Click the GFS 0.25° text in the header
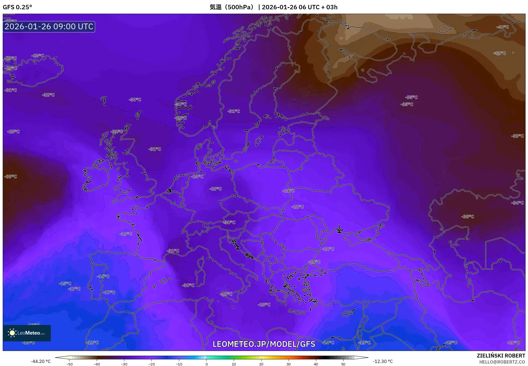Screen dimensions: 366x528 [x=17, y=7]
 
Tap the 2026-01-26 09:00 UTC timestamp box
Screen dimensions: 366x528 [x=49, y=27]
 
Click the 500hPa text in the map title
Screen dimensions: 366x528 [x=240, y=7]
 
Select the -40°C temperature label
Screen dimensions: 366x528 [x=502, y=27]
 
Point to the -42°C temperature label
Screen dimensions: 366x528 [x=499, y=53]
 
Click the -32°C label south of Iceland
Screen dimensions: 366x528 [x=48, y=95]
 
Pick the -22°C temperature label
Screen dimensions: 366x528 [x=297, y=207]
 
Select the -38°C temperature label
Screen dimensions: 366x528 [x=468, y=217]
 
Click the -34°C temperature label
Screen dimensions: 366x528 [x=518, y=203]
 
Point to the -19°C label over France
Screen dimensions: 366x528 [x=126, y=234]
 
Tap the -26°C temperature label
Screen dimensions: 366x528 [x=226, y=294]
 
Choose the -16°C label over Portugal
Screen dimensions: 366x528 [x=103, y=276]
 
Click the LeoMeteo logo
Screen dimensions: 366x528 [x=27, y=333]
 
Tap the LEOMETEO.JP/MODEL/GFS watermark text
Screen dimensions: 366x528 [x=264, y=344]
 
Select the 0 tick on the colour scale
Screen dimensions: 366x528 [x=206, y=364]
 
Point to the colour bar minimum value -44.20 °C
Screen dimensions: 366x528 [x=40, y=361]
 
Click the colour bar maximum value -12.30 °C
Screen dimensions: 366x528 [x=383, y=361]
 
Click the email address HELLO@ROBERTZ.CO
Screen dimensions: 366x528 [x=502, y=362]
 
